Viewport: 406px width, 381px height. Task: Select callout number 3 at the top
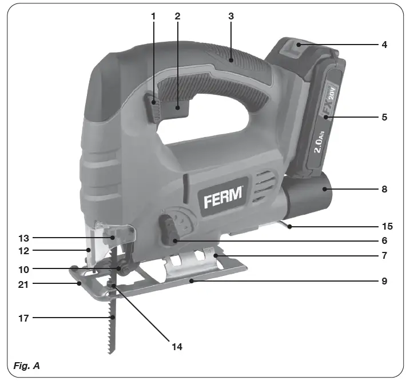[231, 16]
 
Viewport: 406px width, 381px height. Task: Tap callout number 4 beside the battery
[385, 44]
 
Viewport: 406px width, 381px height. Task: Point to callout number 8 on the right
[385, 189]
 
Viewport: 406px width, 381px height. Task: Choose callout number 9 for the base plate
[385, 281]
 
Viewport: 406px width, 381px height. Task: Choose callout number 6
[385, 241]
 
